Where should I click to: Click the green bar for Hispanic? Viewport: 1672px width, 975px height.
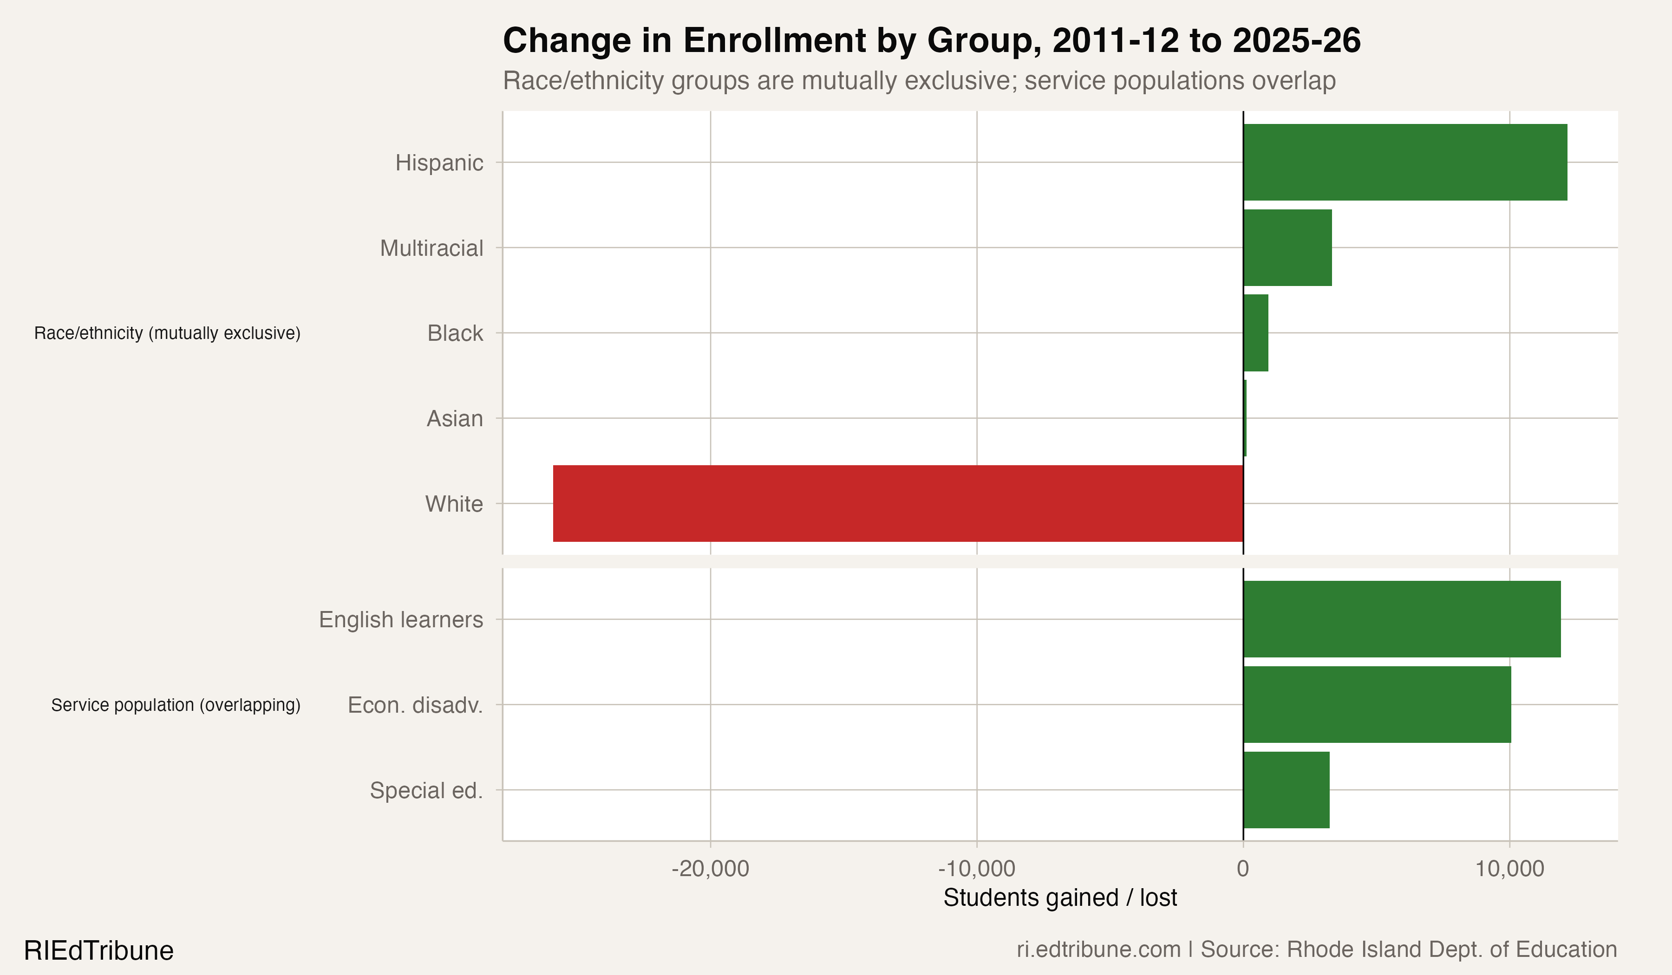point(1404,162)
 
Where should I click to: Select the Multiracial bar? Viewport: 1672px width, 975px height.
point(1287,247)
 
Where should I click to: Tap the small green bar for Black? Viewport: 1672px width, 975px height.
point(1255,333)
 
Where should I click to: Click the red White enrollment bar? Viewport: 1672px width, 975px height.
point(898,503)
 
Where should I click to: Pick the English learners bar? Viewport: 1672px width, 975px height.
point(1401,619)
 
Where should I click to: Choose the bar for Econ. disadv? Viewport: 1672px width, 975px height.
point(1377,704)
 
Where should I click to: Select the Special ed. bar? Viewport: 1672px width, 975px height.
point(1286,790)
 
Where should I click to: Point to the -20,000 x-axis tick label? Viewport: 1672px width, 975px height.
point(710,868)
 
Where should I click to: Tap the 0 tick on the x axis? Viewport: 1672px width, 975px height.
point(1243,868)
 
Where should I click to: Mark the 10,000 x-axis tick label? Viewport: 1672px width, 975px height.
point(1510,868)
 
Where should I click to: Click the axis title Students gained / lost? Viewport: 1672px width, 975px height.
point(1059,897)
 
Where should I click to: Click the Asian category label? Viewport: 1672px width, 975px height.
point(455,418)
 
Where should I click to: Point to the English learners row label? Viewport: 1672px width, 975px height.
point(401,619)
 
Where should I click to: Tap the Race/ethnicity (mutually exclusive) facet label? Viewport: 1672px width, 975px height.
point(167,333)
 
